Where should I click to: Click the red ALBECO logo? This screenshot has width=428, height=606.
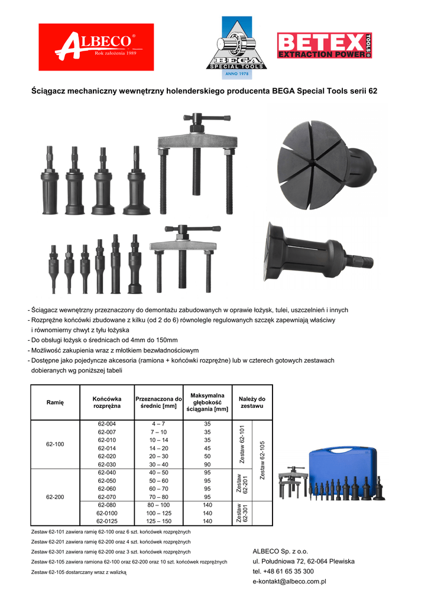pos(96,47)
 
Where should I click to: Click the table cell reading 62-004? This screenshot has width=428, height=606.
pos(107,424)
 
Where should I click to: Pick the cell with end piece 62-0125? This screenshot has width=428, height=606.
pos(107,521)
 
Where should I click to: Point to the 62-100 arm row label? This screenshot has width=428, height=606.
pos(55,444)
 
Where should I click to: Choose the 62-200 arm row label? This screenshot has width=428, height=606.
pos(55,497)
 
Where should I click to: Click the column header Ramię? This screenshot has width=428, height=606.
pos(55,402)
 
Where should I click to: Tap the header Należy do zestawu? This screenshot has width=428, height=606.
pos(252,402)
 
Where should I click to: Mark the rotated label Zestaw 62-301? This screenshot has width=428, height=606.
pos(241,513)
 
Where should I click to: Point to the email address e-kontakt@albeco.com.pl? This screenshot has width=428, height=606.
pos(290,582)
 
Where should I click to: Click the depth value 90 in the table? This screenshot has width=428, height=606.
pos(207,465)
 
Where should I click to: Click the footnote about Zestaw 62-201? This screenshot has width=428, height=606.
pos(111,541)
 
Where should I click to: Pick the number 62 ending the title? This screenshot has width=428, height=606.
pos(372,92)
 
